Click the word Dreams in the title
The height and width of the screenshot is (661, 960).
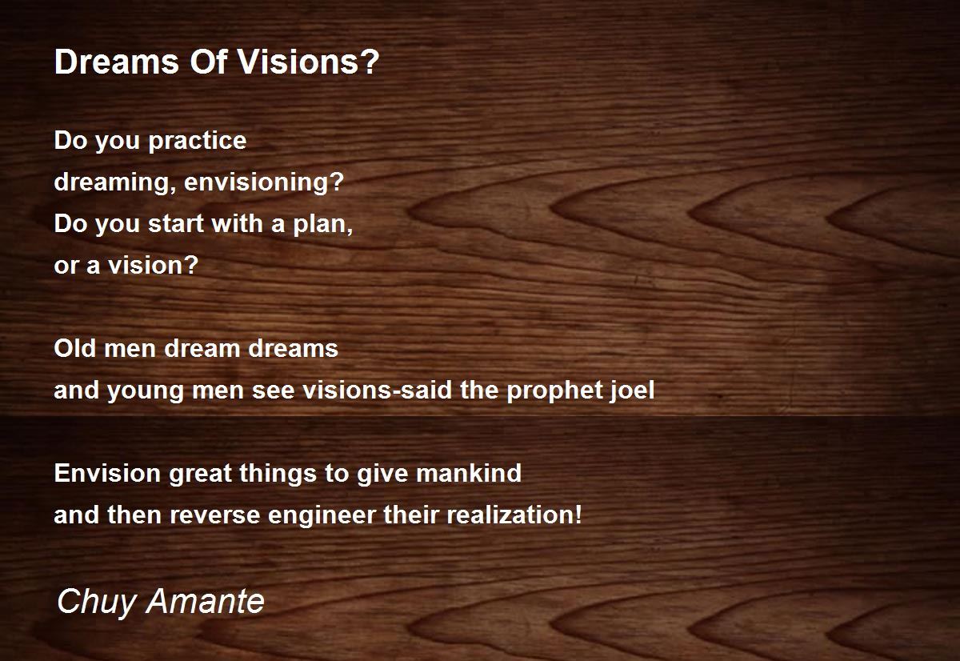pyautogui.click(x=117, y=62)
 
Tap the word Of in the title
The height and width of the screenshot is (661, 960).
pyautogui.click(x=208, y=62)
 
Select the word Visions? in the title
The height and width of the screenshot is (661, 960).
pyautogui.click(x=309, y=62)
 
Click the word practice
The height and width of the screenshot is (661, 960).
pyautogui.click(x=198, y=142)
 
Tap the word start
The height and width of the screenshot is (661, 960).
pyautogui.click(x=176, y=224)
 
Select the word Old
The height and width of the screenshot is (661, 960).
pyautogui.click(x=75, y=348)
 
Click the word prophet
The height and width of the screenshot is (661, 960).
pyautogui.click(x=554, y=391)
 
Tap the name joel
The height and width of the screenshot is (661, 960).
pyautogui.click(x=632, y=391)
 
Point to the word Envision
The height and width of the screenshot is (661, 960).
pyautogui.click(x=107, y=473)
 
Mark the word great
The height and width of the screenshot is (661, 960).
pyautogui.click(x=201, y=474)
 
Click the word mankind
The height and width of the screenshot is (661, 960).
pyautogui.click(x=469, y=473)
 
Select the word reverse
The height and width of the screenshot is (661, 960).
pyautogui.click(x=214, y=515)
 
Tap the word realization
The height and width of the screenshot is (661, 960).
pyautogui.click(x=510, y=515)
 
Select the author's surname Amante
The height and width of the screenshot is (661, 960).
pyautogui.click(x=206, y=601)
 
